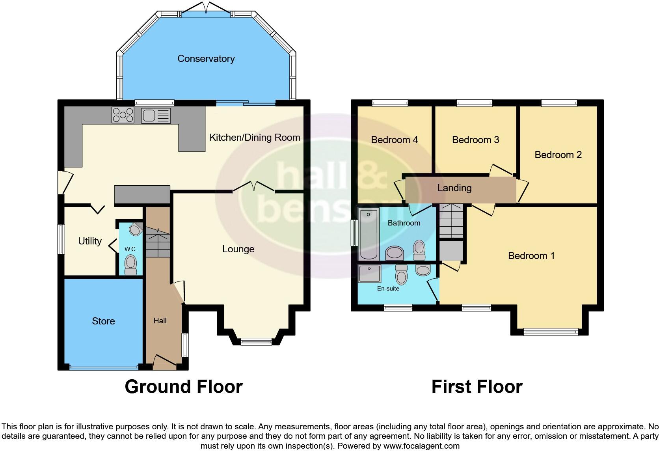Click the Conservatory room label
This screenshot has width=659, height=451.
[x=206, y=59]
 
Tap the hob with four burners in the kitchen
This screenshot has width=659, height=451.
[x=123, y=115]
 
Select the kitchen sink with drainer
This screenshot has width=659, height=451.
[x=156, y=116]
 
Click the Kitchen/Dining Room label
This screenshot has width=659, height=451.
[x=255, y=138]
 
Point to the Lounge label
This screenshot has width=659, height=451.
[x=238, y=249]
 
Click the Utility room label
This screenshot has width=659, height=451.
[x=90, y=241]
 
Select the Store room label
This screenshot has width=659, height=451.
[x=103, y=321]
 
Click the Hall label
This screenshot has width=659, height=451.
[x=160, y=321]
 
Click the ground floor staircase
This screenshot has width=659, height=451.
[x=158, y=243]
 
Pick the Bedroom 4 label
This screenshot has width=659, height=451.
[x=394, y=140]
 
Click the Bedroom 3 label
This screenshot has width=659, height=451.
[x=475, y=140]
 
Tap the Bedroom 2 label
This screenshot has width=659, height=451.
[x=558, y=155]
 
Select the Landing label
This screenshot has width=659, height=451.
[x=454, y=188]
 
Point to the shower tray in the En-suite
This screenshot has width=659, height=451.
[x=370, y=274]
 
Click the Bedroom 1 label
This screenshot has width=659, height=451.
[x=531, y=256]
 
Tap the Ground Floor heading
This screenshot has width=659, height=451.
[x=183, y=387]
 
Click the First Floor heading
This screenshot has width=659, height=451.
[x=477, y=387]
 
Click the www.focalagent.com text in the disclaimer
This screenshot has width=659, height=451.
[x=421, y=446]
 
